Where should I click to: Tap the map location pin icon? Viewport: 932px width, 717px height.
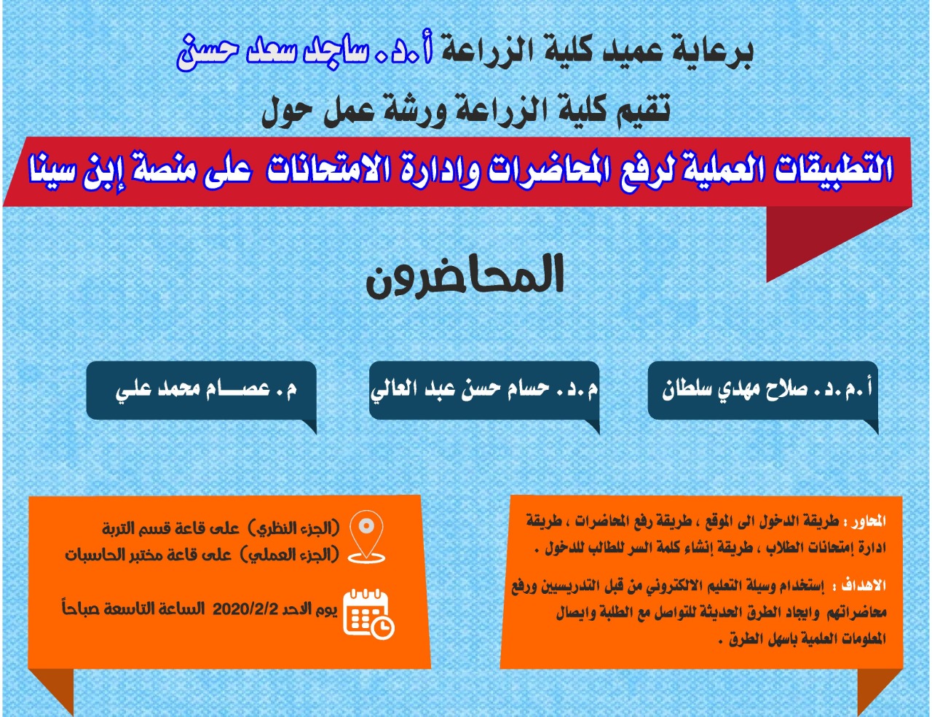[366, 536]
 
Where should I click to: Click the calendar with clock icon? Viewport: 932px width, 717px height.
[369, 614]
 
